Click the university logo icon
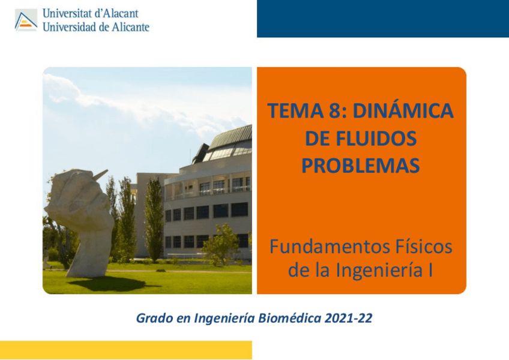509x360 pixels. (26, 20)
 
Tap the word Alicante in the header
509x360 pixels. (127, 26)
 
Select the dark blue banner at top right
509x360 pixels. (382, 19)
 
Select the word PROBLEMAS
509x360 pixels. (360, 166)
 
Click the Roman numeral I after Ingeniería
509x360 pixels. (430, 271)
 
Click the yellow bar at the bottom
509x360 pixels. (125, 350)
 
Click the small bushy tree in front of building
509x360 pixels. (221, 245)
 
